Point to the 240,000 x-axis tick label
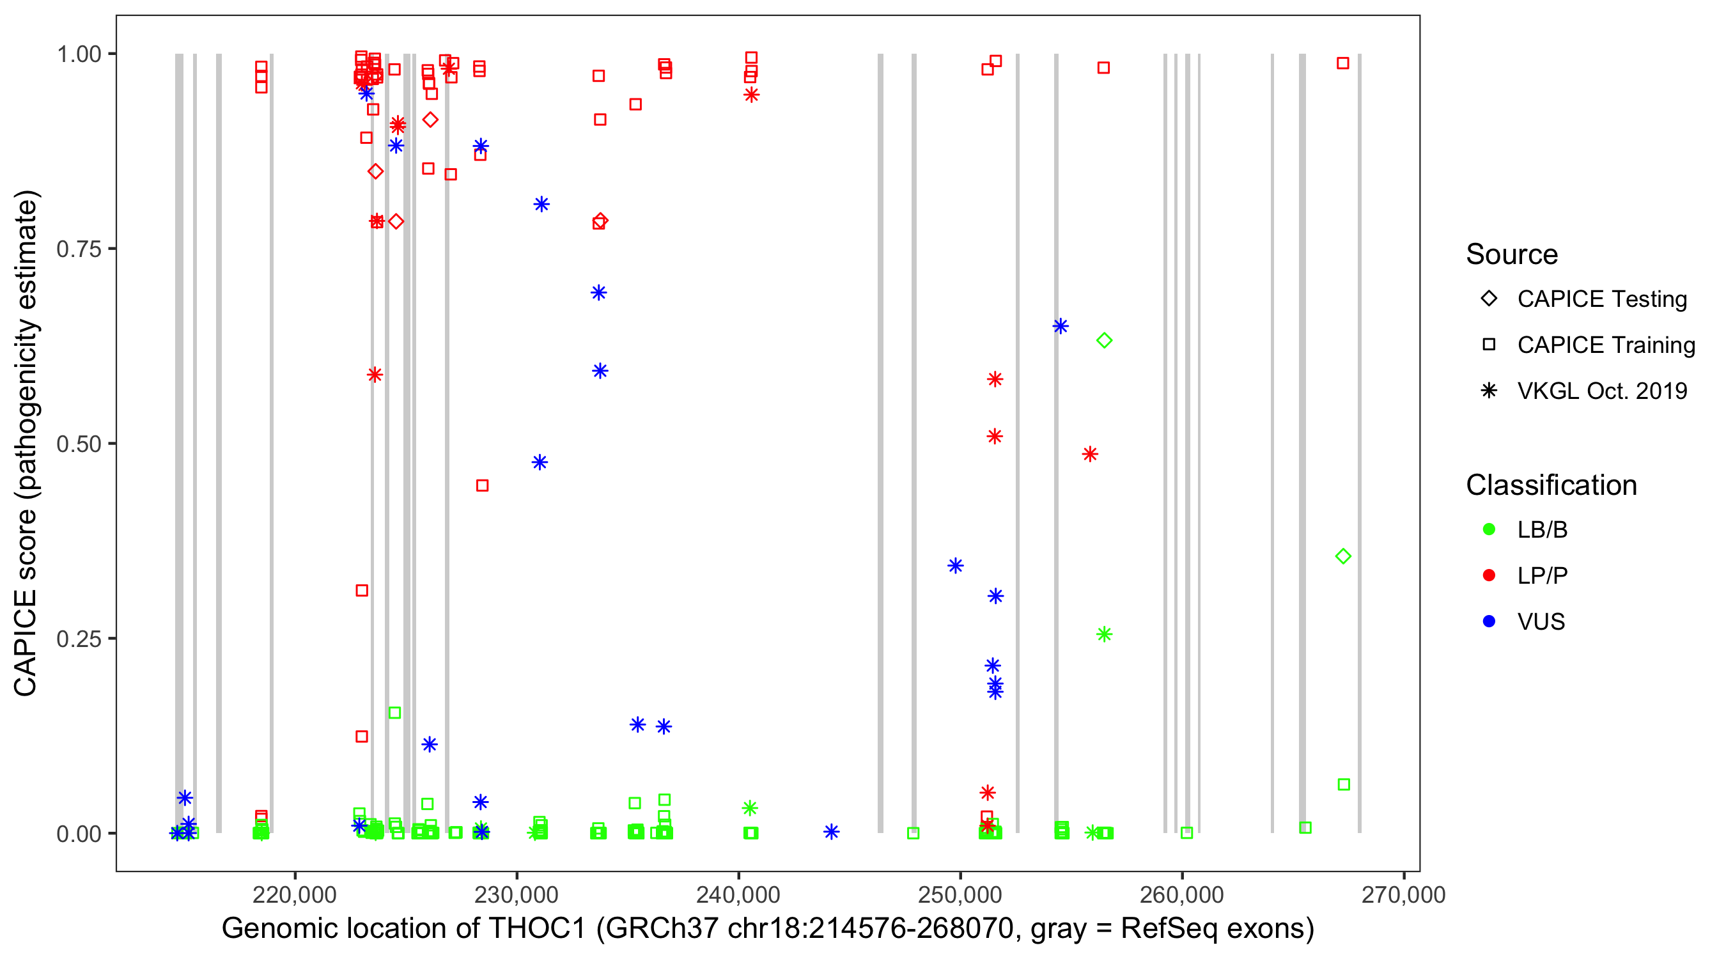pyautogui.click(x=738, y=894)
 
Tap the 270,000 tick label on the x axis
pyautogui.click(x=1403, y=894)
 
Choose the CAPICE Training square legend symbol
pyautogui.click(x=1489, y=345)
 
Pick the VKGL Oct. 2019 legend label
pyautogui.click(x=1602, y=391)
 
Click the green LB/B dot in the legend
pyautogui.click(x=1489, y=529)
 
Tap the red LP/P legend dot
pyautogui.click(x=1489, y=575)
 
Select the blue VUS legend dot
pyautogui.click(x=1489, y=622)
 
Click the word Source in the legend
pyautogui.click(x=1512, y=254)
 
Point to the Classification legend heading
pyautogui.click(x=1551, y=485)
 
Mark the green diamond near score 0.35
pyautogui.click(x=1342, y=556)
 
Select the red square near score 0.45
pyautogui.click(x=483, y=486)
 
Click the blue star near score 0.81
pyautogui.click(x=541, y=205)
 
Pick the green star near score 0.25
pyautogui.click(x=1104, y=635)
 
